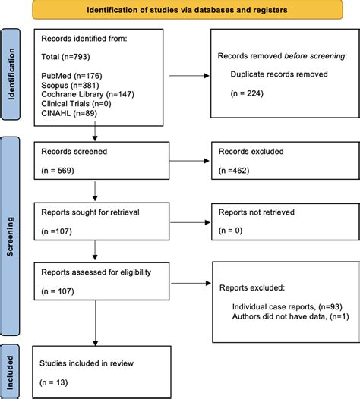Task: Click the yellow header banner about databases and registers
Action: click(188, 10)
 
